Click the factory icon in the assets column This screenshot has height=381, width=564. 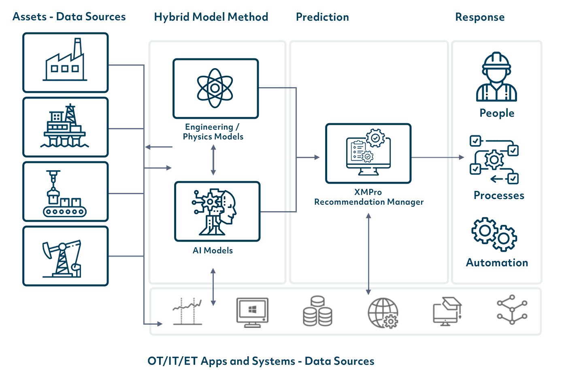pos(65,62)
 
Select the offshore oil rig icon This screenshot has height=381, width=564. pos(65,126)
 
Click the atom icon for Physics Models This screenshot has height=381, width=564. pos(215,88)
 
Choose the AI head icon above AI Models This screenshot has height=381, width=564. pos(216,212)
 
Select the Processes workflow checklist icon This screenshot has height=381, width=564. pos(494,160)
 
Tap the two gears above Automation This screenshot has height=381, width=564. pos(494,234)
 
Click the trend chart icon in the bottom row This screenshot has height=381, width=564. pos(187,311)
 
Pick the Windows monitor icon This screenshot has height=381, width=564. pos(252,312)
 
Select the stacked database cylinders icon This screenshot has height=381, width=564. pos(317,311)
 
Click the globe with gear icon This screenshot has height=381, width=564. pos(383,313)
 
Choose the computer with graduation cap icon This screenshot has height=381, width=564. pos(447,311)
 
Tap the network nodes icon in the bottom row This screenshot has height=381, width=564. pos(512,310)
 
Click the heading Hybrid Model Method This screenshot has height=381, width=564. pos(211,17)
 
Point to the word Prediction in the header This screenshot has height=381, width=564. pos(322,17)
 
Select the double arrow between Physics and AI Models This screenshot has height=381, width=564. pos(213,160)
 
